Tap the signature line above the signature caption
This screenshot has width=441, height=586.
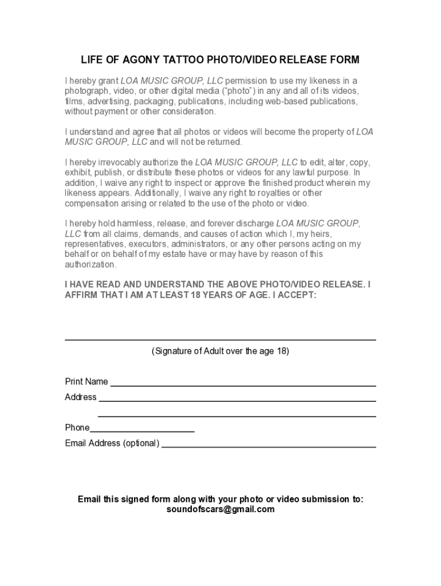coord(220,340)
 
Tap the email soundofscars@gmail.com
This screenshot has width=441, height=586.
coord(220,509)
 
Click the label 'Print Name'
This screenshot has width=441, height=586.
coord(86,382)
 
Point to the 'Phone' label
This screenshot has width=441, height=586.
coord(77,427)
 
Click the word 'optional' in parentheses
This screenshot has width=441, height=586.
coord(140,443)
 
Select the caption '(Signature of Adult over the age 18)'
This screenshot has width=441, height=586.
coord(220,351)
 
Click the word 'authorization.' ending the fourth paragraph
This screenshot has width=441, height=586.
coord(91,265)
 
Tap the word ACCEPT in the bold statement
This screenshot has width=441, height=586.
coord(295,296)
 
